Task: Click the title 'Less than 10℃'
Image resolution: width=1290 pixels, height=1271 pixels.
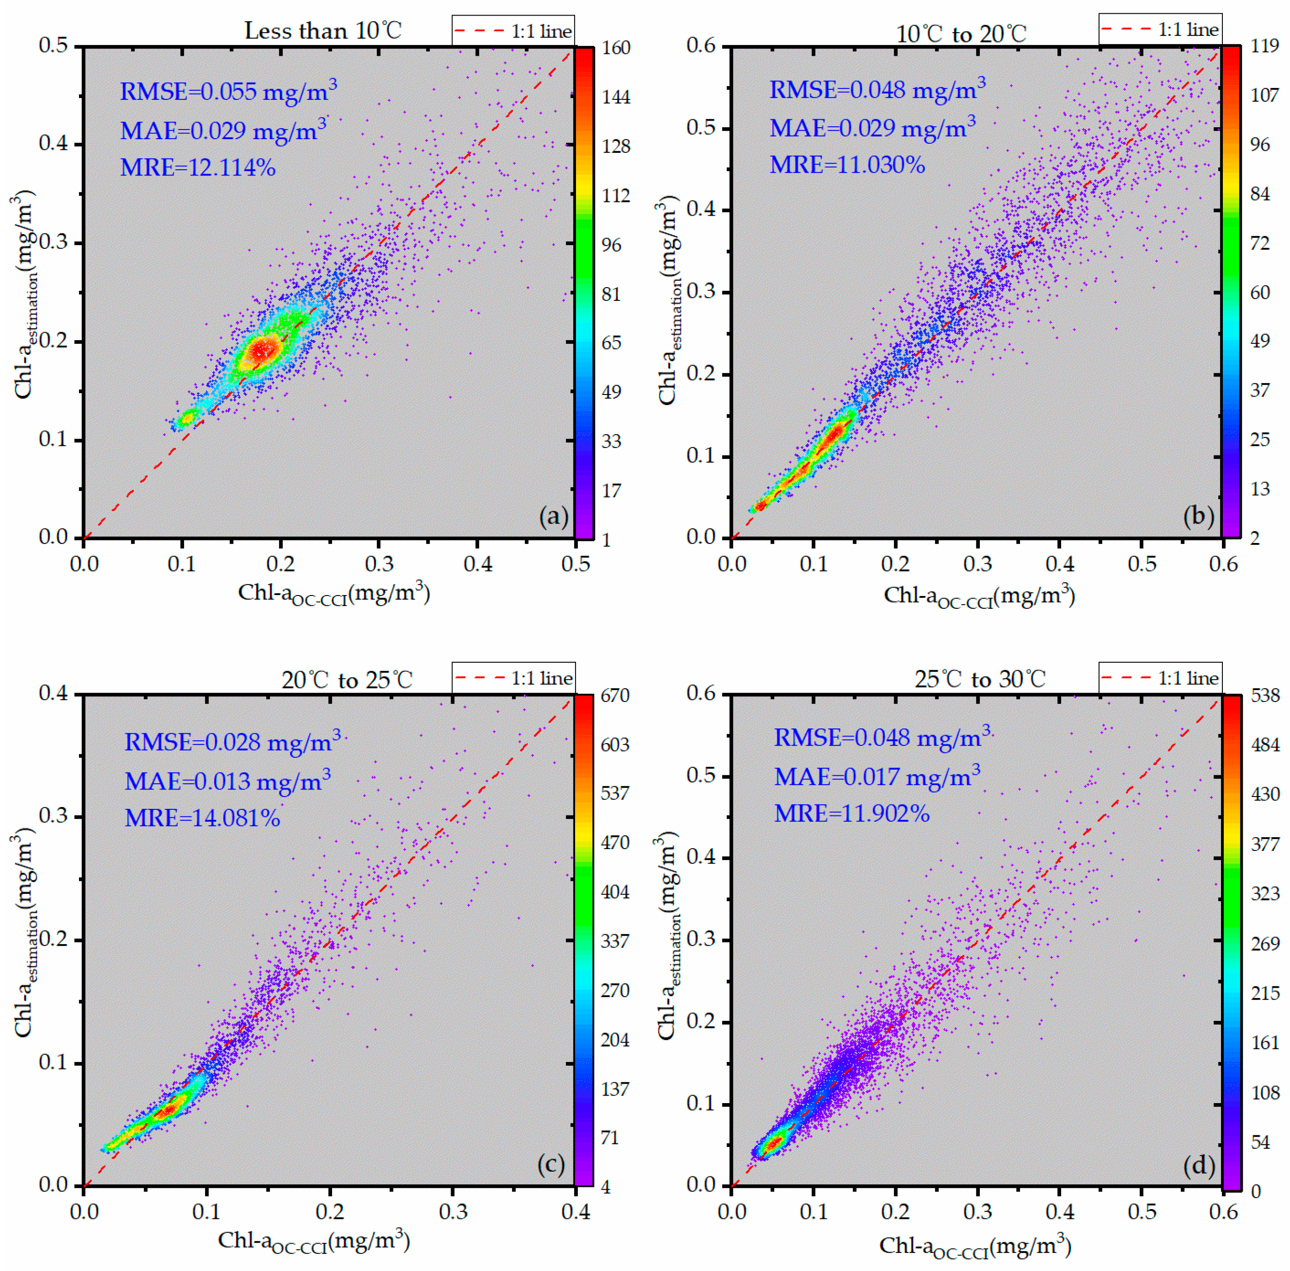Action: tap(323, 31)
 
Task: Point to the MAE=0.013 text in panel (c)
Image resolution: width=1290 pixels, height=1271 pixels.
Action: tap(227, 780)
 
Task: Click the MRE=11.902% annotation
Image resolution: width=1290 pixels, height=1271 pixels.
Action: tap(852, 814)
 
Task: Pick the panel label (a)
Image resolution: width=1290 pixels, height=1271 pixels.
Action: tap(553, 516)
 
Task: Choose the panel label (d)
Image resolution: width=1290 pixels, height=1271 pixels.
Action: tap(1199, 1166)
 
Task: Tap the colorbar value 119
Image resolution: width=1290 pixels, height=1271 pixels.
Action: tap(1264, 46)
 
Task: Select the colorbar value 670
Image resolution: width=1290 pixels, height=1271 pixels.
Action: tap(615, 696)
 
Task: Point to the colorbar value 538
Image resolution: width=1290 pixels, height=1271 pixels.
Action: tap(1264, 696)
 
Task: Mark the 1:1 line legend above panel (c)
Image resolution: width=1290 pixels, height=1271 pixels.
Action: tap(513, 678)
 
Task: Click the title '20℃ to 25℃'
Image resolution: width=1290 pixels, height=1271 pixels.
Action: tap(346, 680)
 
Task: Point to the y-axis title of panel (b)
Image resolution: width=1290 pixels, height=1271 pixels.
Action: tap(670, 300)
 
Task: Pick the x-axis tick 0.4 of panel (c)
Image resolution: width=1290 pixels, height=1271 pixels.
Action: tap(575, 1211)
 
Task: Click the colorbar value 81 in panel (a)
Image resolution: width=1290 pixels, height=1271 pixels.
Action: tap(611, 294)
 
